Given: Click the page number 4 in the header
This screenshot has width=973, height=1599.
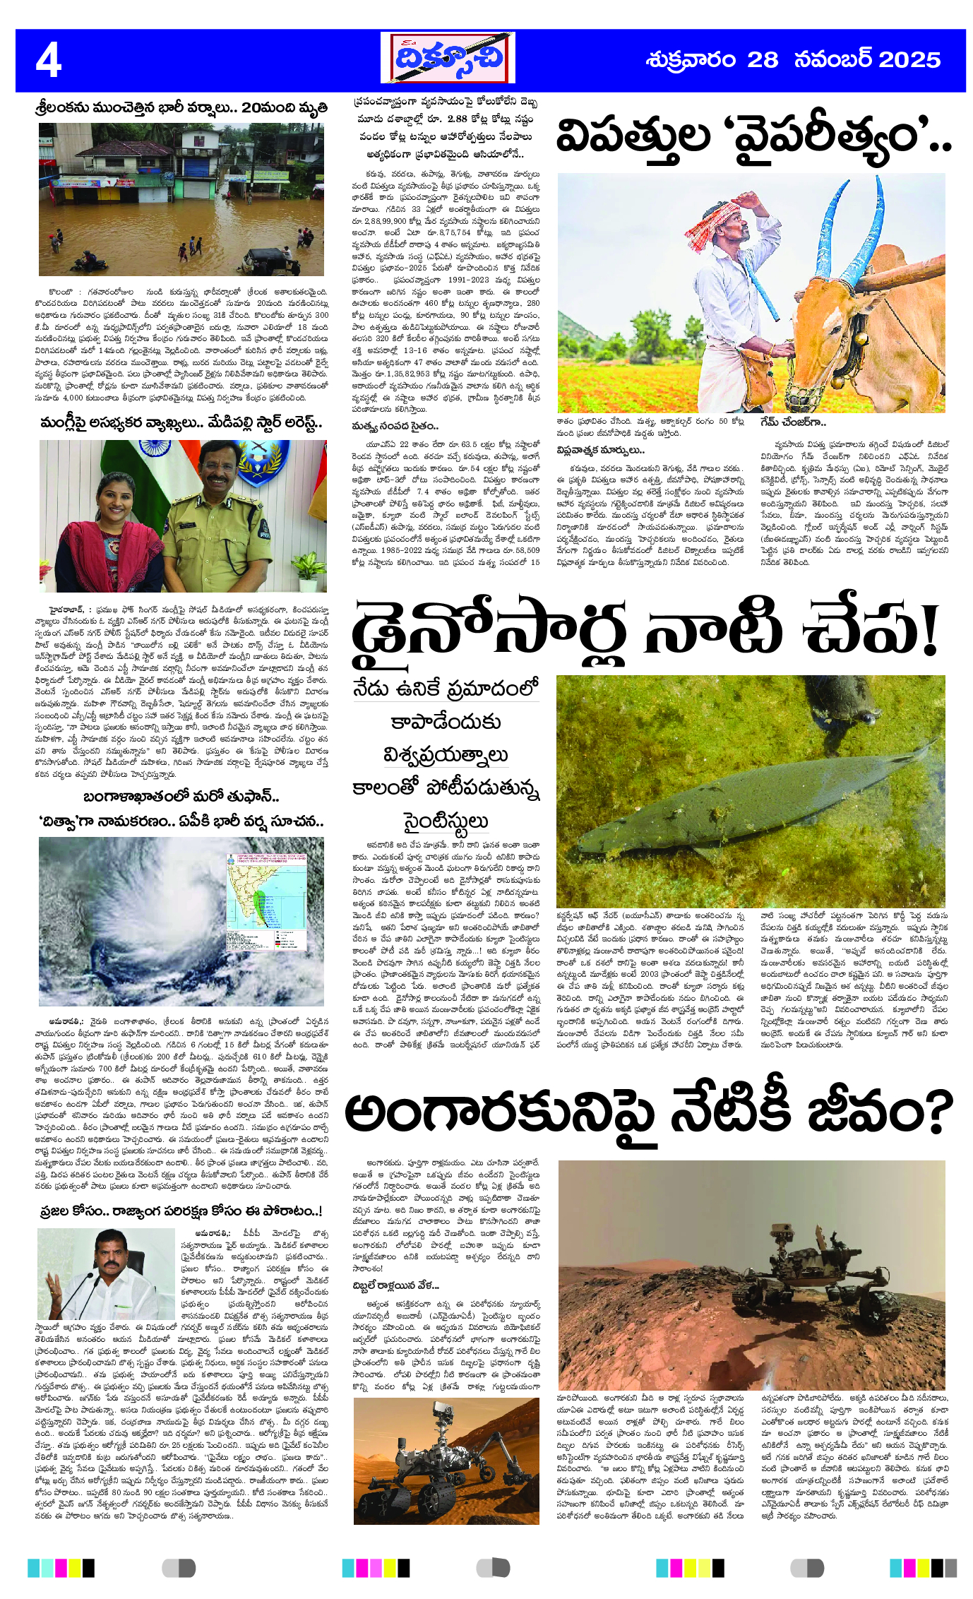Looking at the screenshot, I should pos(49,61).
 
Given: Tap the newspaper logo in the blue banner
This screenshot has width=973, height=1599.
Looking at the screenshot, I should pos(448,58).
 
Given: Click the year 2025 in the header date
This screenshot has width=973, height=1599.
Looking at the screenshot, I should pos(909,60).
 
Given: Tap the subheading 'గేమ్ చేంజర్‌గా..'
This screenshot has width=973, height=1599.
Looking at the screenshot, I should pos(793,422).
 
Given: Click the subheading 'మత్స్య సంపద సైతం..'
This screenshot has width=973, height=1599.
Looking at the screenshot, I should pos(395,426).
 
